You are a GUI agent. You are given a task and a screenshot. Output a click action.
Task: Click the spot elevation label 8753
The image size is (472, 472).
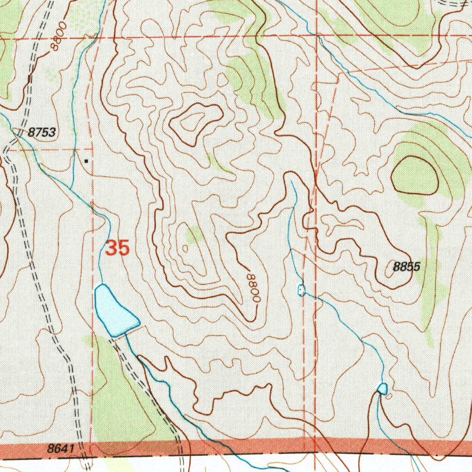pos(41,133)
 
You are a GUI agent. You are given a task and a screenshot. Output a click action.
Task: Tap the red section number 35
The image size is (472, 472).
pos(117,248)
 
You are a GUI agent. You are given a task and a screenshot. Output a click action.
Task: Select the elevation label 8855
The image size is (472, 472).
pos(407,266)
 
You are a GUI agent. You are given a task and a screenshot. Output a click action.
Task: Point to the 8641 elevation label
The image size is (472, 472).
pos(60,448)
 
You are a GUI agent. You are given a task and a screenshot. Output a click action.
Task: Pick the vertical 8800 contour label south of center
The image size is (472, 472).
pos(253,288)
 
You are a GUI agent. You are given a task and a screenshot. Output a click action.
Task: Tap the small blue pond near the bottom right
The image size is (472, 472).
pos(382,389)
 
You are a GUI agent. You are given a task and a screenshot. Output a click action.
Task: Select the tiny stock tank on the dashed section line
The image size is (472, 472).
pos(301,290)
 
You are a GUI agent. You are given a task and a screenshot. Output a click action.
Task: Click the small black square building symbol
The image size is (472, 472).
pos(86,161)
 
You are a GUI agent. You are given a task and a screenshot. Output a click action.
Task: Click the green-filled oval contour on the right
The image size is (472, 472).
pos(414,176)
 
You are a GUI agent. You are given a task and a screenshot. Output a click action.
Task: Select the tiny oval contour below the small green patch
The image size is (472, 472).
pos(185,248)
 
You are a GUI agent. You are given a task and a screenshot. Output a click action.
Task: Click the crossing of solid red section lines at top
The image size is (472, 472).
pos(317,36)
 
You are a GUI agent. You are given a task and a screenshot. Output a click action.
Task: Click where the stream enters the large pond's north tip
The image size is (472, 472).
pos(100,286)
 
